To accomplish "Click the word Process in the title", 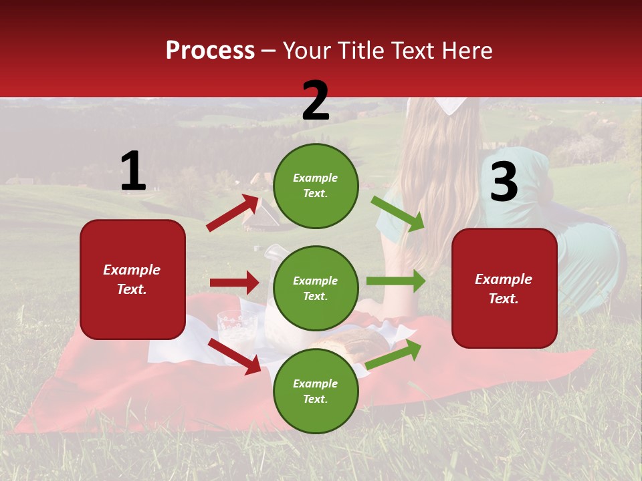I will click(x=210, y=51).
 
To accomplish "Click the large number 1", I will click(x=133, y=172).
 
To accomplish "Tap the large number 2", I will click(x=316, y=101).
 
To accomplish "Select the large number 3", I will click(x=504, y=182).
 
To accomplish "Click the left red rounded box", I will click(x=132, y=279).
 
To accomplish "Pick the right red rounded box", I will click(x=504, y=288).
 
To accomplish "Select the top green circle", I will click(x=316, y=186).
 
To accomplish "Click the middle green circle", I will click(x=316, y=288).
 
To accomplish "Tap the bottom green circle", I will click(x=316, y=391).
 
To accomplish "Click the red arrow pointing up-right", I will click(x=233, y=213).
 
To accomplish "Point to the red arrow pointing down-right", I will click(x=235, y=356).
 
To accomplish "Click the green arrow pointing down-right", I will click(x=398, y=213).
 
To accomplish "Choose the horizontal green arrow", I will click(x=395, y=281).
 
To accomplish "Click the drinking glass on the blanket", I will click(x=237, y=327).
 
